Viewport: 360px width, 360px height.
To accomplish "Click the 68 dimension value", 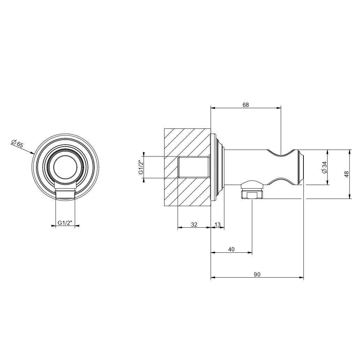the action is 245,105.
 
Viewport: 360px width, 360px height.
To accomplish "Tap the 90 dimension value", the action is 257,274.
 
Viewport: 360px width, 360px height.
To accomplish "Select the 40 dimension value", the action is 232,249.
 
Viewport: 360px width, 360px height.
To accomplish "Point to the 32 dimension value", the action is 194,224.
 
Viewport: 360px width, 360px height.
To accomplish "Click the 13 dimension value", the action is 218,224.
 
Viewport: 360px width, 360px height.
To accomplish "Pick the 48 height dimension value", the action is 347,174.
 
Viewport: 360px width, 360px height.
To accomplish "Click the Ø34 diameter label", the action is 324,168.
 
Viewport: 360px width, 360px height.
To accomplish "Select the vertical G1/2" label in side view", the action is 141,168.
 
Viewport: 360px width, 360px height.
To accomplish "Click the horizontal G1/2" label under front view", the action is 65,222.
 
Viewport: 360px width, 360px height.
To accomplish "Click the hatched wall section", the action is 188,167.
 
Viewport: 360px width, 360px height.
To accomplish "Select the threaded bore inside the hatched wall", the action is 193,167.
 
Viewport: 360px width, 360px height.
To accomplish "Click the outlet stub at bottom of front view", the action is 65,194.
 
